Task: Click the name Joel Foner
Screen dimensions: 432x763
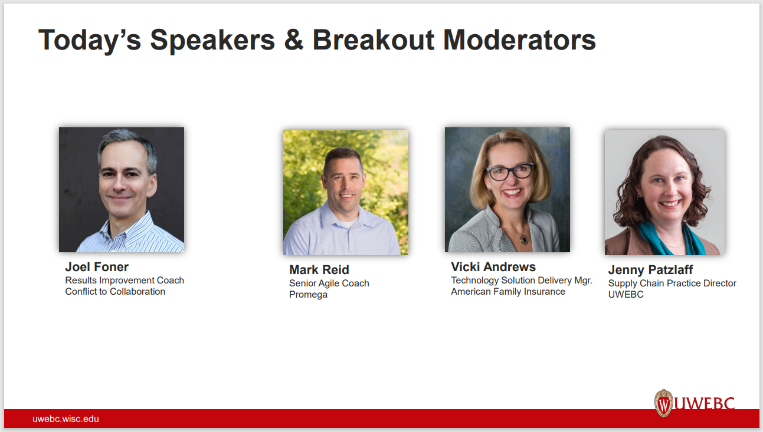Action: [97, 267]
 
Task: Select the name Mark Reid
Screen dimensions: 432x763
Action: [319, 270]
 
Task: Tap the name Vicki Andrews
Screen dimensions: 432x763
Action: [493, 267]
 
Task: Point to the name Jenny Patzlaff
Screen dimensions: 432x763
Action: [650, 270]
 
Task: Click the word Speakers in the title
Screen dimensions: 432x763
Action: [212, 40]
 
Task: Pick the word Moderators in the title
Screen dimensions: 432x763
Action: [519, 40]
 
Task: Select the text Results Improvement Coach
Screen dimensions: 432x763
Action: [125, 281]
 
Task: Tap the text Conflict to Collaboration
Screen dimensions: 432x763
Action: [115, 292]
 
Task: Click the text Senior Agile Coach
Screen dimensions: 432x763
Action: [329, 283]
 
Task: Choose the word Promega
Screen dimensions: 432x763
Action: [308, 295]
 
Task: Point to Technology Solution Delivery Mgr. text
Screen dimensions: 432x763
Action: [521, 281]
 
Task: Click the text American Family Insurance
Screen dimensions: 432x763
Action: [507, 292]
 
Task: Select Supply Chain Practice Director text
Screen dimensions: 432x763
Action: [672, 283]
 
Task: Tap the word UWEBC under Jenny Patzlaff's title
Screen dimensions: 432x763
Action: [626, 295]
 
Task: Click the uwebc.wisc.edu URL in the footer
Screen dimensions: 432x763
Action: [66, 419]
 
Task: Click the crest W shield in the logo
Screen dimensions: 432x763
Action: [664, 404]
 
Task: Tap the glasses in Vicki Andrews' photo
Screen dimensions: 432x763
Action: [509, 172]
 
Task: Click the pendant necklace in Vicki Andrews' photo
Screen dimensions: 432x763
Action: [523, 239]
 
